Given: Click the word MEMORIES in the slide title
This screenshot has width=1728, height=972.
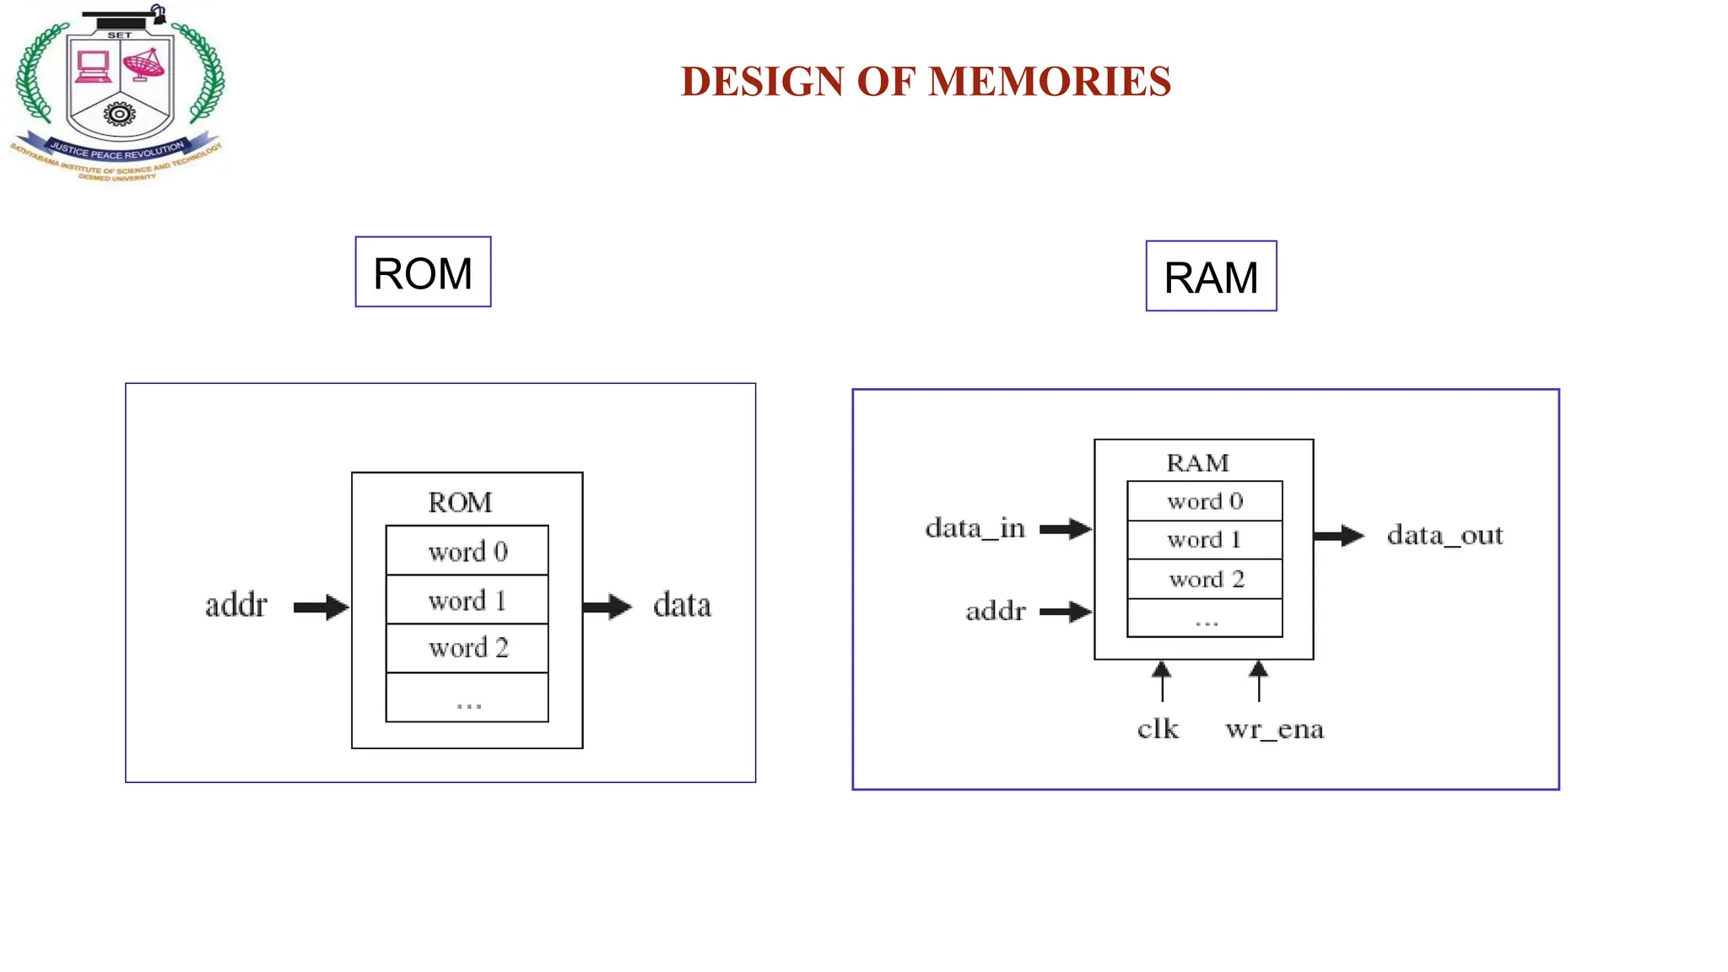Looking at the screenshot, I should (x=1049, y=82).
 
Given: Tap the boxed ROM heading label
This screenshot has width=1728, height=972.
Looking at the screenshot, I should (x=423, y=273).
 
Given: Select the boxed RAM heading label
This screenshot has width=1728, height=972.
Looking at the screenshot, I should (x=1211, y=277).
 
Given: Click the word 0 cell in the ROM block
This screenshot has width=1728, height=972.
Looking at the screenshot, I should (x=467, y=551).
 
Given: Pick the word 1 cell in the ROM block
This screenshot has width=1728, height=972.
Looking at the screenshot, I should (x=467, y=600).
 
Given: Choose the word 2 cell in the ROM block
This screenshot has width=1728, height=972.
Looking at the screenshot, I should (x=467, y=648).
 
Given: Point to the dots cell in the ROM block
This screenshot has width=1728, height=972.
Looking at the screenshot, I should (x=467, y=699).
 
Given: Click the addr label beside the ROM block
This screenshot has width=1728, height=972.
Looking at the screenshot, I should (x=236, y=605).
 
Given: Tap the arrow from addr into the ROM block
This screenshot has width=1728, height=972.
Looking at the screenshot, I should (x=321, y=607).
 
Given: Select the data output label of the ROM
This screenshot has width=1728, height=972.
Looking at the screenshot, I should (x=682, y=605).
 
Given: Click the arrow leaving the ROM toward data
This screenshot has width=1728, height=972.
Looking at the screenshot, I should (x=607, y=607).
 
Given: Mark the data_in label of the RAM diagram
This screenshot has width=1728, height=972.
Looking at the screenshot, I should (x=975, y=529).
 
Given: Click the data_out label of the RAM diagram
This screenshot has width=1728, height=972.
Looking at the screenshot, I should (x=1444, y=535).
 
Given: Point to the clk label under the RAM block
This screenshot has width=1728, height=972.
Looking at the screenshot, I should (x=1158, y=728).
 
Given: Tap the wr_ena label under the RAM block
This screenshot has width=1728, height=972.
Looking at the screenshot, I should (x=1274, y=728).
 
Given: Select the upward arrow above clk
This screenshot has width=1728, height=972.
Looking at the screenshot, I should (x=1162, y=681).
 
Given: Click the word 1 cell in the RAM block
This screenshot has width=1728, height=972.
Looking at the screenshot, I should (x=1204, y=540).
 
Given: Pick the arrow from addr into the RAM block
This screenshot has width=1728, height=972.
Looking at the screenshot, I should (x=1066, y=612).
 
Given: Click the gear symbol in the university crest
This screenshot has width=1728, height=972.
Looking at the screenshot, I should (x=120, y=113).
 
